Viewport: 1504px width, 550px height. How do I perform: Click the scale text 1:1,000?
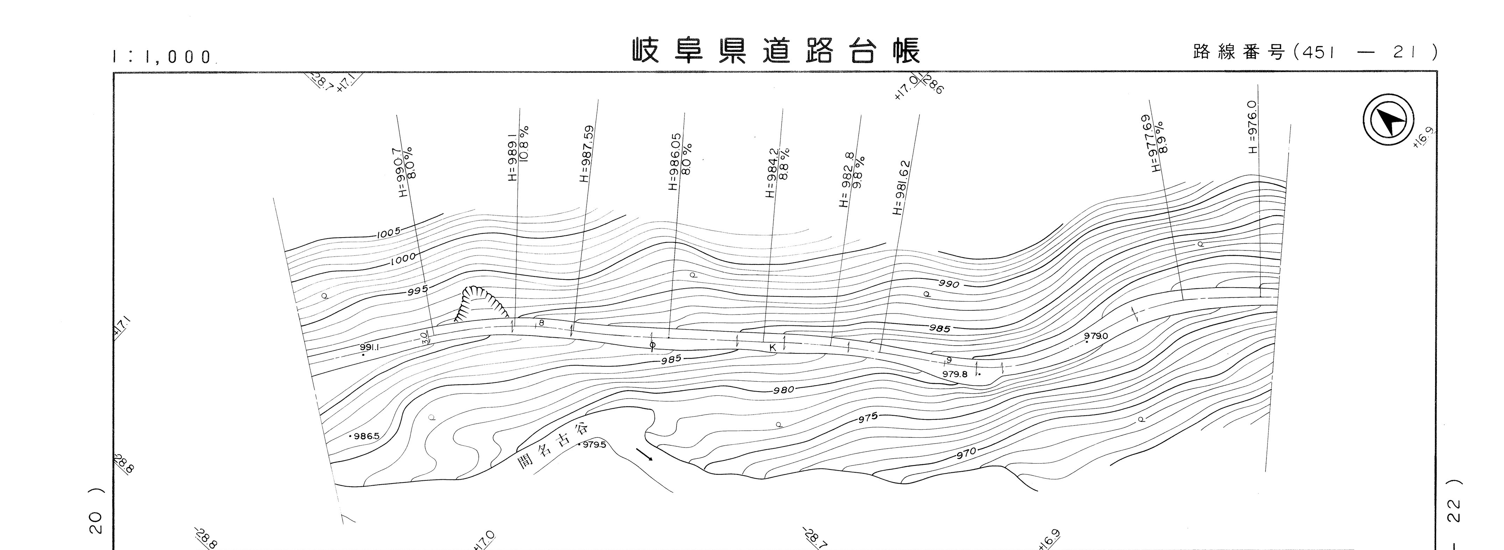[x=162, y=57]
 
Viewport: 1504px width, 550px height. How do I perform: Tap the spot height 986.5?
[x=365, y=436]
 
